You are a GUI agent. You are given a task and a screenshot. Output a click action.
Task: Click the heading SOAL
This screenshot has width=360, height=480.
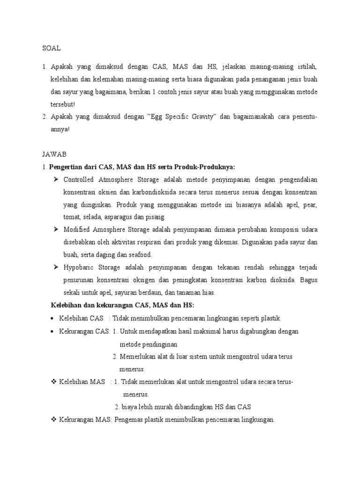pyautogui.click(x=52, y=48)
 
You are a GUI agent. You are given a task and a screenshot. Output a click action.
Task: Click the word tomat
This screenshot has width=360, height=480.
pyautogui.click(x=72, y=217)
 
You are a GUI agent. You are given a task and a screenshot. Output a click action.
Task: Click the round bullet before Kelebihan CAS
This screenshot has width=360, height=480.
pyautogui.click(x=52, y=319)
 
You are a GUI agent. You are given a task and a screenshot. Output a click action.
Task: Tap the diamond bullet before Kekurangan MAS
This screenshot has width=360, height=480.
pyautogui.click(x=53, y=420)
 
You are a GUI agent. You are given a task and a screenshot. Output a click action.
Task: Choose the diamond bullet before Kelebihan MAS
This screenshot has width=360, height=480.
pyautogui.click(x=53, y=382)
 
